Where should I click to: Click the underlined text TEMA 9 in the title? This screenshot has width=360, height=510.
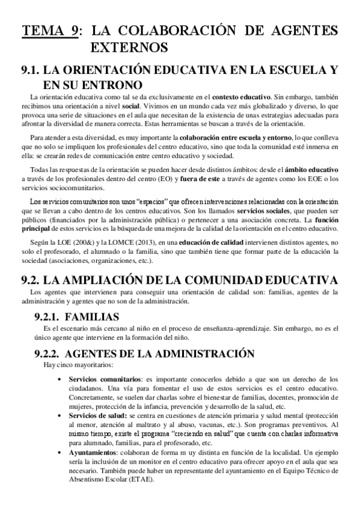(50, 31)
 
